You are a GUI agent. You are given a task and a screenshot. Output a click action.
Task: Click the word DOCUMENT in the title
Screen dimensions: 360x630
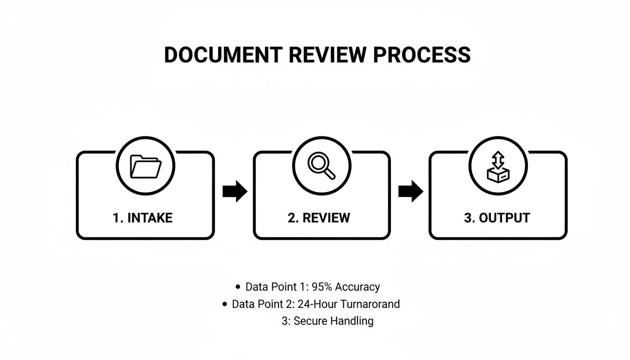pos(223,55)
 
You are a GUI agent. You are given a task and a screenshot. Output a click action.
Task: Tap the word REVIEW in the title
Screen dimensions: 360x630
pos(327,55)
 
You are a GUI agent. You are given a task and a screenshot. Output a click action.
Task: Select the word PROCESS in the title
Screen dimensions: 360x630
pos(421,55)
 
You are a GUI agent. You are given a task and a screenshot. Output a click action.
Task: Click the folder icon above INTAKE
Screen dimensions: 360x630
pos(145,166)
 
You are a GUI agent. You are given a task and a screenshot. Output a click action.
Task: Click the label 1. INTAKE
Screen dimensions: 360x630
pos(142,218)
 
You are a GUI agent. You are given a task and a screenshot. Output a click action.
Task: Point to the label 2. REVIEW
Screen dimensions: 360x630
pos(319,218)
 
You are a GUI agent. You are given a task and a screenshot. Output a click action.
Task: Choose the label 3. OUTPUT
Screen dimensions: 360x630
pos(497,218)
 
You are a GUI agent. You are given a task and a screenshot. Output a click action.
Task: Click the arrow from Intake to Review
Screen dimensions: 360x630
pos(235,191)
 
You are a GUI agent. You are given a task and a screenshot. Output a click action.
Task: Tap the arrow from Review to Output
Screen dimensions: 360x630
pos(411,191)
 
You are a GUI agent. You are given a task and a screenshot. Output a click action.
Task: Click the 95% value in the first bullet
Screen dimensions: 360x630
pos(322,287)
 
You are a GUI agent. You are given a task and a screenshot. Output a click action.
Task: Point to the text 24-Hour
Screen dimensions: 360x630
pos(317,304)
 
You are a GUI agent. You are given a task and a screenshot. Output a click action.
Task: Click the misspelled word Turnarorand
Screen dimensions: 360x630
pos(370,304)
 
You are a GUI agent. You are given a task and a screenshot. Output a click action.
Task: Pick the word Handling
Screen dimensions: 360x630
pos(352,321)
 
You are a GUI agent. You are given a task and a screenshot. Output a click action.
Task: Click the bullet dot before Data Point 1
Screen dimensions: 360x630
pos(238,287)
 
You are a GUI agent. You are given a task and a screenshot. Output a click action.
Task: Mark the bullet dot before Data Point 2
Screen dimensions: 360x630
pos(225,304)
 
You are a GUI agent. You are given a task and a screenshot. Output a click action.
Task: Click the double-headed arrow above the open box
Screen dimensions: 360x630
pos(498,160)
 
